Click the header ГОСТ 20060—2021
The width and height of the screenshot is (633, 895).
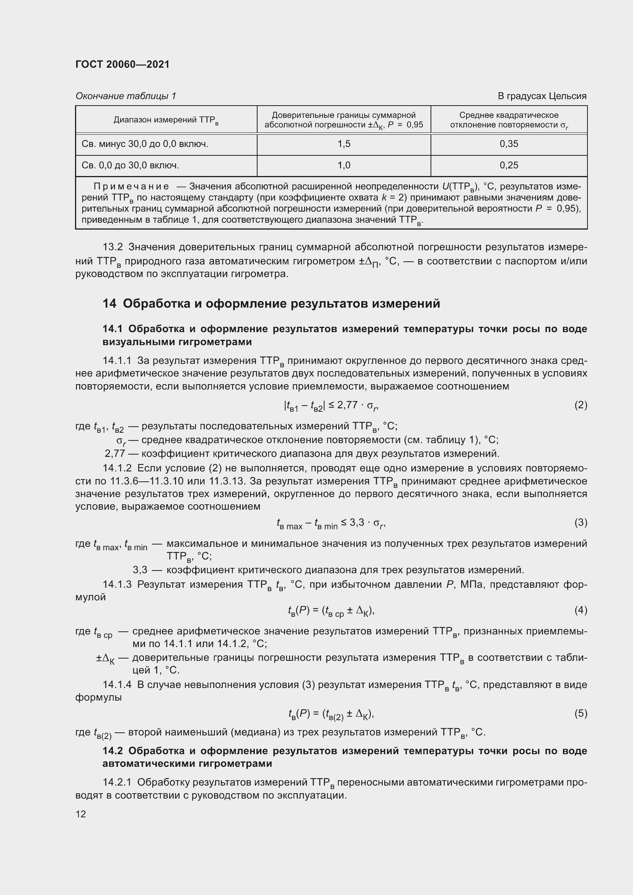coord(122,64)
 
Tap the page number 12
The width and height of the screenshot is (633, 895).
coord(81,814)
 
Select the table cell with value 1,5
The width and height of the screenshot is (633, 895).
coord(344,144)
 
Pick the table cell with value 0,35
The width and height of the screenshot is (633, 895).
coord(509,144)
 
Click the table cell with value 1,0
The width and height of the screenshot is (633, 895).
coord(344,166)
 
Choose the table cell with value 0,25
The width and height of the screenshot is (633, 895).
coord(509,166)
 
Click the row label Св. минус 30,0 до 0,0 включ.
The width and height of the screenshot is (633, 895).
coord(145,144)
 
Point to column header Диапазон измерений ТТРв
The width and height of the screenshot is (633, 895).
coord(166,120)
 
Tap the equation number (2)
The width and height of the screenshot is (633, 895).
coord(581,405)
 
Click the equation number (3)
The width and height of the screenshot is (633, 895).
coord(581,522)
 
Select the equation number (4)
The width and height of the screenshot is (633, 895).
coord(581,610)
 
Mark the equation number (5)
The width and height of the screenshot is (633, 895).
coord(581,713)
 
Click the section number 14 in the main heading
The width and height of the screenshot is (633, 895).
coord(109,303)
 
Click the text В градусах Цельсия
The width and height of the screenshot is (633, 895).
coord(542,96)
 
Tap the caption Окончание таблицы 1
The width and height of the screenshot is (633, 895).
coord(126,96)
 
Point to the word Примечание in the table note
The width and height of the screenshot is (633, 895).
coord(131,187)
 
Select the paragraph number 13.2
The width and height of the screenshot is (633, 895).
coord(113,247)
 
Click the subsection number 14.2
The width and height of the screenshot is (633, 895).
coord(113,751)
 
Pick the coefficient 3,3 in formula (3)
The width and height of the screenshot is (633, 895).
coord(357,522)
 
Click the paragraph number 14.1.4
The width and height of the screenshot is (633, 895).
coord(117,685)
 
